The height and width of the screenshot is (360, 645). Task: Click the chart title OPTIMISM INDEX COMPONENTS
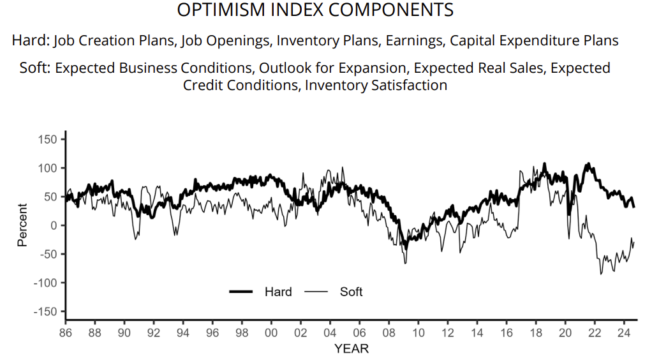pyautogui.click(x=315, y=11)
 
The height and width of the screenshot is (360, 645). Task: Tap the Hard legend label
pyautogui.click(x=278, y=292)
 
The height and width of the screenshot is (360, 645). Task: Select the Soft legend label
pyautogui.click(x=351, y=292)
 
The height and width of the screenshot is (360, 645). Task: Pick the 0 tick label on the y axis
pyautogui.click(x=55, y=225)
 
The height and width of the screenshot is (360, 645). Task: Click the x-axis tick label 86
pyautogui.click(x=65, y=333)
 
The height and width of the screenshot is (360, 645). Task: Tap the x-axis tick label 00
pyautogui.click(x=271, y=333)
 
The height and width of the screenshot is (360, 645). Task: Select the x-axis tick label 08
pyautogui.click(x=389, y=333)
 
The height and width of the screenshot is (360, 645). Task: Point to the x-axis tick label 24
pyautogui.click(x=625, y=333)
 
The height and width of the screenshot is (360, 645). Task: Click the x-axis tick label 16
pyautogui.click(x=507, y=333)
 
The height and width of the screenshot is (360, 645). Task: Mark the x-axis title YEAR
pyautogui.click(x=351, y=349)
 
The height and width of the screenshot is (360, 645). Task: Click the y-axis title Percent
pyautogui.click(x=22, y=225)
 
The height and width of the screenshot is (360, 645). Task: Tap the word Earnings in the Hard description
pyautogui.click(x=415, y=41)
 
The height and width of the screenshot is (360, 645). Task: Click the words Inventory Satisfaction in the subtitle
pyautogui.click(x=376, y=85)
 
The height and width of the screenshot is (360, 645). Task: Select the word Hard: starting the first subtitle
pyautogui.click(x=30, y=41)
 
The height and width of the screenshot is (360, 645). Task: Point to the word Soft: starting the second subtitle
pyautogui.click(x=35, y=68)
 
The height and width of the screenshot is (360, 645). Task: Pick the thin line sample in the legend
pyautogui.click(x=316, y=292)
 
